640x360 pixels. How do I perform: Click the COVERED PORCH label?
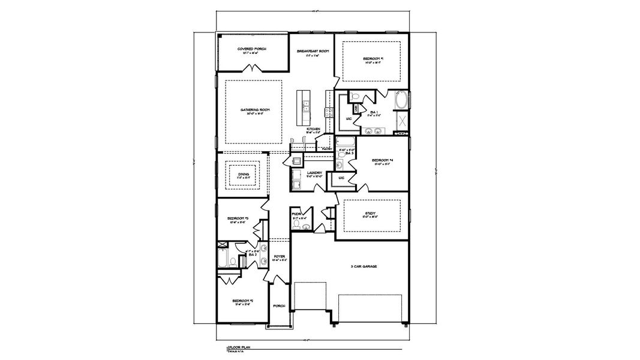252,49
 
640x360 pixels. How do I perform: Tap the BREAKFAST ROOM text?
313,52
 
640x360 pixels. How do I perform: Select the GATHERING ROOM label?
254,110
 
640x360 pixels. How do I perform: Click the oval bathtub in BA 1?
401,100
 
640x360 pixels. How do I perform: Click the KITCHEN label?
313,129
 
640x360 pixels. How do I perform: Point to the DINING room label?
243,174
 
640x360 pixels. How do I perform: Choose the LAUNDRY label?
315,173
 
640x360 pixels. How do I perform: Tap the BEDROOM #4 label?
381,160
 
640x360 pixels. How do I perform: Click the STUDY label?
371,212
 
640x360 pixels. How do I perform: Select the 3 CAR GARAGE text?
364,266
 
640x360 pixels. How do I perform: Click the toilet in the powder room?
306,226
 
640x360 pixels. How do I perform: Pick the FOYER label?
279,256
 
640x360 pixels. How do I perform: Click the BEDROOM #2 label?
243,301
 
